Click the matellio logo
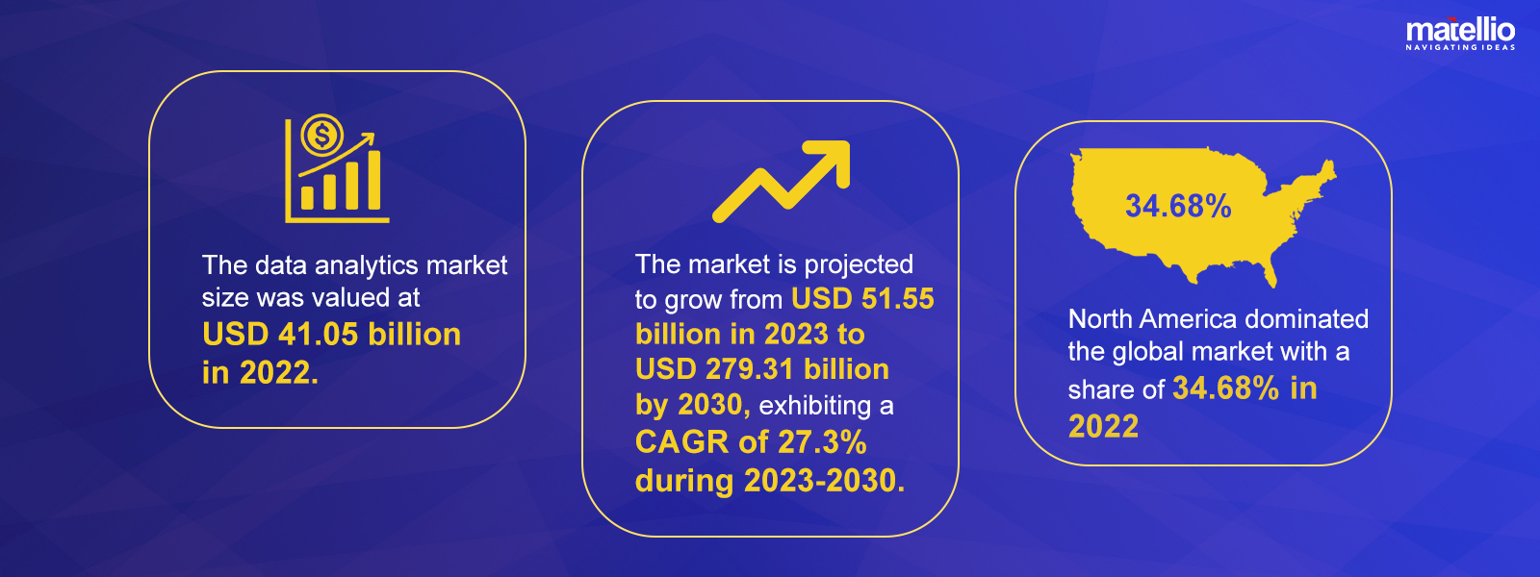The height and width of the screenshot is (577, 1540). click(1460, 34)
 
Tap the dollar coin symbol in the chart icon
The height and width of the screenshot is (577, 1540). click(321, 134)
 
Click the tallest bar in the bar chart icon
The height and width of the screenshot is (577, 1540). click(374, 180)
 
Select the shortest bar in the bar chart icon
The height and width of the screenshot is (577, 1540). click(307, 198)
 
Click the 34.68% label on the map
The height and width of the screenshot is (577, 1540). click(1178, 206)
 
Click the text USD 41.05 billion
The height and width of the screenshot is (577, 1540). click(331, 335)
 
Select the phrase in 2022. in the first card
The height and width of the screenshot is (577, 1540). click(260, 372)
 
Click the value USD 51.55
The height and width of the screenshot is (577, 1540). click(862, 299)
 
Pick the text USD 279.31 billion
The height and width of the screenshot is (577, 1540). click(761, 369)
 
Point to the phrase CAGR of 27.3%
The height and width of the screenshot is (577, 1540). click(751, 441)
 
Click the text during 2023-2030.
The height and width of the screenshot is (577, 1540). click(770, 480)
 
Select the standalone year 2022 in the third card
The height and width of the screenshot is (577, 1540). click(1103, 426)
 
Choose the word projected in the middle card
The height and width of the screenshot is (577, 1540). click(859, 265)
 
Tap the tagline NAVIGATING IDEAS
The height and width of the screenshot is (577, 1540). click(1460, 47)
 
